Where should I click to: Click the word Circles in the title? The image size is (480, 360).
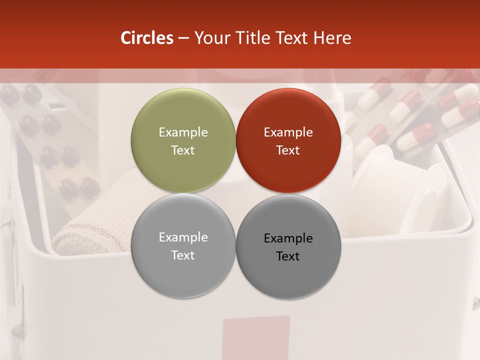[146, 38]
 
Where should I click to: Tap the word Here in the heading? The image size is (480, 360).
[332, 38]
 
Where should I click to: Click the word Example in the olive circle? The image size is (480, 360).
[183, 132]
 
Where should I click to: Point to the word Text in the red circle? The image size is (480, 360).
[288, 150]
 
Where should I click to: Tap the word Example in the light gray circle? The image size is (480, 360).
[183, 237]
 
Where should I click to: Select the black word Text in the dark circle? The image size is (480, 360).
[288, 256]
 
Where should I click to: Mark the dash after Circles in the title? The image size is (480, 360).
[183, 38]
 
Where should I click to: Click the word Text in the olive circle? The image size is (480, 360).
[183, 150]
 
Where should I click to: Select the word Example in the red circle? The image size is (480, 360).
[288, 132]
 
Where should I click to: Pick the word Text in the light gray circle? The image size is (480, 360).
[183, 255]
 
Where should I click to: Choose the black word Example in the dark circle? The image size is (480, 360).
[288, 238]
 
